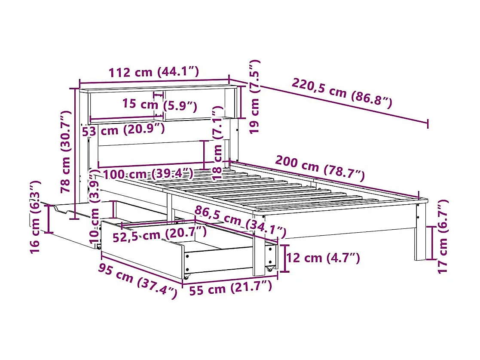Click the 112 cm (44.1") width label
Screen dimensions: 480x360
[x=154, y=72]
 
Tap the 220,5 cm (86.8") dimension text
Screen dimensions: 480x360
[x=342, y=93]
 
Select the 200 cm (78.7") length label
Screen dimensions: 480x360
[x=320, y=169]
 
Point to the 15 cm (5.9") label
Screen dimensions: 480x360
[x=159, y=105]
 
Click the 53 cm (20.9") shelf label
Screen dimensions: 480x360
[x=123, y=130]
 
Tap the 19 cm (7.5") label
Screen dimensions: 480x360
[x=254, y=96]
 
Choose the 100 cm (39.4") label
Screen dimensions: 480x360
[x=148, y=174]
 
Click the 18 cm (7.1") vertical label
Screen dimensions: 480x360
[x=217, y=143]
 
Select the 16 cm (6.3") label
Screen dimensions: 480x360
[x=36, y=217]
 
